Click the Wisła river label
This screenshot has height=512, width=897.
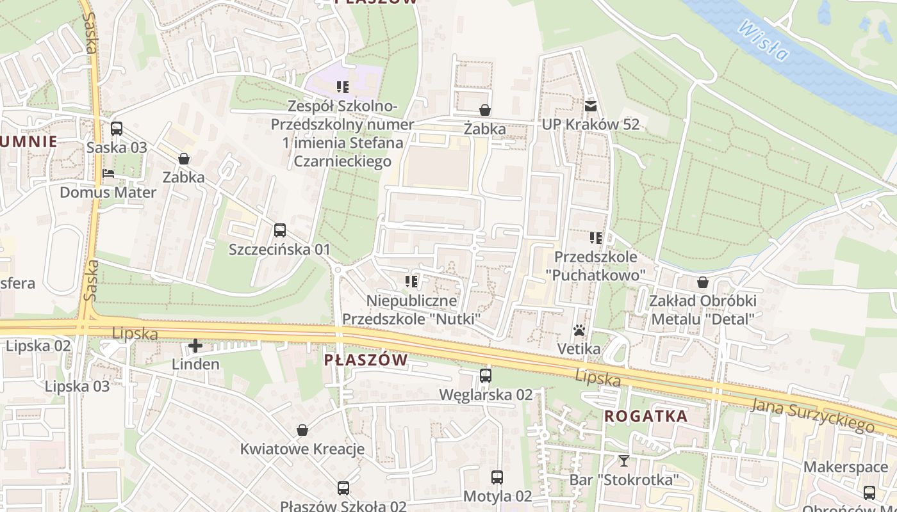[762, 40]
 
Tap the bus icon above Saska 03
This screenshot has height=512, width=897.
[117, 128]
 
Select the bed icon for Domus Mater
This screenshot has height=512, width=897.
[108, 173]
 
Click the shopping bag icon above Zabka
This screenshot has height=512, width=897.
[184, 158]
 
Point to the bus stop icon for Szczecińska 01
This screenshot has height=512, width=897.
[279, 230]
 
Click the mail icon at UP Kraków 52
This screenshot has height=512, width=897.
[590, 106]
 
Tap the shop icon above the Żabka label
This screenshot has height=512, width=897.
[485, 110]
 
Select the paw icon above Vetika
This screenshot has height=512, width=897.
[579, 330]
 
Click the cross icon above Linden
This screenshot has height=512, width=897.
[195, 346]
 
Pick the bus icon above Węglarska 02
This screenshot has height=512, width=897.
[486, 376]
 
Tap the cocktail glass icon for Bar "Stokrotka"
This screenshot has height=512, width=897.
[623, 460]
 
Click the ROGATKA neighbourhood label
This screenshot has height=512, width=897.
[646, 416]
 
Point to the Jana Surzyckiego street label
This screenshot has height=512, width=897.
[812, 413]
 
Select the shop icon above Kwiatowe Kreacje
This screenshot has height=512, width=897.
[302, 430]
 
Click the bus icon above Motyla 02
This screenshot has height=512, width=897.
[497, 477]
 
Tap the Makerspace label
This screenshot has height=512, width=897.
[845, 467]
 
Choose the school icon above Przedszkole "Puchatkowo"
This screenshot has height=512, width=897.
[596, 238]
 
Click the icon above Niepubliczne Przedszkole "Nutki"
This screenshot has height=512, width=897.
[411, 281]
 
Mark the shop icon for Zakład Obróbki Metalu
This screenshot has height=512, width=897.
[703, 282]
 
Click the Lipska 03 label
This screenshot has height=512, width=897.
[77, 387]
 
